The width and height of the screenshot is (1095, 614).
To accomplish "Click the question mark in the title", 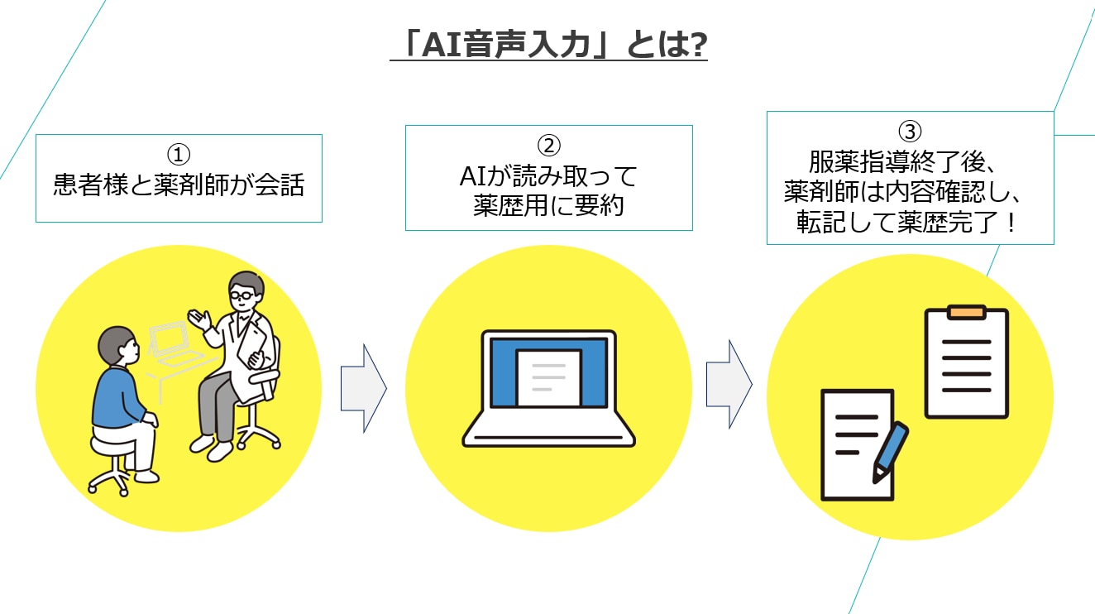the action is point(696,46).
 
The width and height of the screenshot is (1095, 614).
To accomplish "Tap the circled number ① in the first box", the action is point(179,155).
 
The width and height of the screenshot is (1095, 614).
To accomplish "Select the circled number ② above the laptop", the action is point(548,146).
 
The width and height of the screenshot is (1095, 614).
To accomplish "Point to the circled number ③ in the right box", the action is point(910,131).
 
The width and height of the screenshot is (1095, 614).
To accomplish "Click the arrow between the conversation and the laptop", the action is point(364,389).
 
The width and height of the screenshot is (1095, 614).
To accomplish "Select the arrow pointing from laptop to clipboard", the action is point(729,385).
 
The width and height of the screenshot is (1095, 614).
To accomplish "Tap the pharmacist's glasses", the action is point(242,295).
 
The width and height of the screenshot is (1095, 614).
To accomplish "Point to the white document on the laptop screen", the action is point(549,377).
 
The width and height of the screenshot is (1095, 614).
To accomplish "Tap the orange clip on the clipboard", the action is point(966,312).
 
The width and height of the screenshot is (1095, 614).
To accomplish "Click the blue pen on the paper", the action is point(890,453).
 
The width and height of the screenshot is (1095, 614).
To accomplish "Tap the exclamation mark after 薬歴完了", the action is point(1011,222).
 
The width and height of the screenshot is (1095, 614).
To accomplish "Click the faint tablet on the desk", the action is point(169,338).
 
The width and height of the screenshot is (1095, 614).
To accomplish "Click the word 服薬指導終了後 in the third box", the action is point(897,162).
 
